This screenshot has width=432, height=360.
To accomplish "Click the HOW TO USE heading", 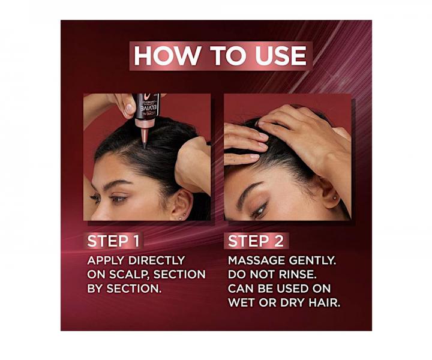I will coord(220,56).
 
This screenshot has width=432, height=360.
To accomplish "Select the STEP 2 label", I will coord(256,241).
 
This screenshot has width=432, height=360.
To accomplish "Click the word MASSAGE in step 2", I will coord(255,261).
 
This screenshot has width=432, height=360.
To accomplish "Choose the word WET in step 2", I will coord(244,302).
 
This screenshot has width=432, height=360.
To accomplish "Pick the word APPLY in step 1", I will coord(103,261).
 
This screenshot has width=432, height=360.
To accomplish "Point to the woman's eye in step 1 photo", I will coord(118,198).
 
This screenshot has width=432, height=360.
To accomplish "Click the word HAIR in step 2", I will coord(325,302).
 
